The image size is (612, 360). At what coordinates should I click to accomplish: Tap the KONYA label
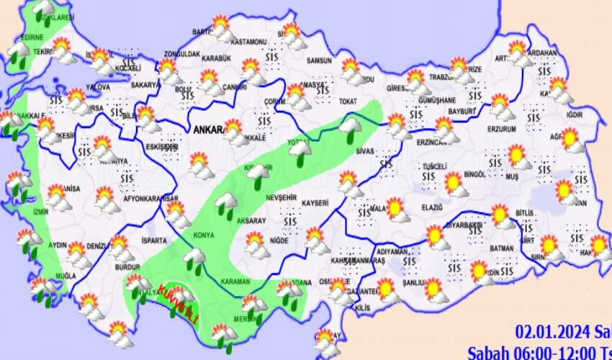pyautogui.click(x=204, y=235)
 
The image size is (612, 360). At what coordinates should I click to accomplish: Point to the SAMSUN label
pyautogui.click(x=319, y=60)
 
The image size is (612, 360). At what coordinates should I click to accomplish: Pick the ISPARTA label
pyautogui.click(x=154, y=240)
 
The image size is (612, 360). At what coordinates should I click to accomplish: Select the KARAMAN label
pyautogui.click(x=235, y=282)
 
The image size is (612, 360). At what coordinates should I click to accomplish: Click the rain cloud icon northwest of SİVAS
pyautogui.click(x=350, y=128)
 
